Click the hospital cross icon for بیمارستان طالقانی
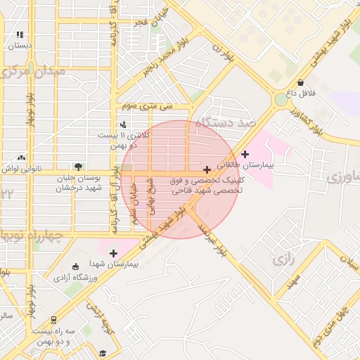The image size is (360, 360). (245, 154)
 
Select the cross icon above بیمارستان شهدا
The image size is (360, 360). (113, 252)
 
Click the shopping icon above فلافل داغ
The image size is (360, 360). (301, 82)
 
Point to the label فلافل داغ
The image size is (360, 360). (301, 93)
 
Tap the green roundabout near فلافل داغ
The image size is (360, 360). (281, 100)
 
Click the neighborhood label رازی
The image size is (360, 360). (281, 259)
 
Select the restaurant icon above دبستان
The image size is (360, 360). (20, 34)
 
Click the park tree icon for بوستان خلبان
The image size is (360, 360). (78, 167)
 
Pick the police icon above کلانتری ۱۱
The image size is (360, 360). (123, 124)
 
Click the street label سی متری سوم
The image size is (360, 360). (146, 106)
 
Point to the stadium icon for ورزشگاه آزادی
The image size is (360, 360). (76, 266)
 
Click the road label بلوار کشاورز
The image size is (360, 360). (309, 121)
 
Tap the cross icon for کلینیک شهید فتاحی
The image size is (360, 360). (206, 169)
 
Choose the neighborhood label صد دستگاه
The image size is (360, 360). (223, 123)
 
